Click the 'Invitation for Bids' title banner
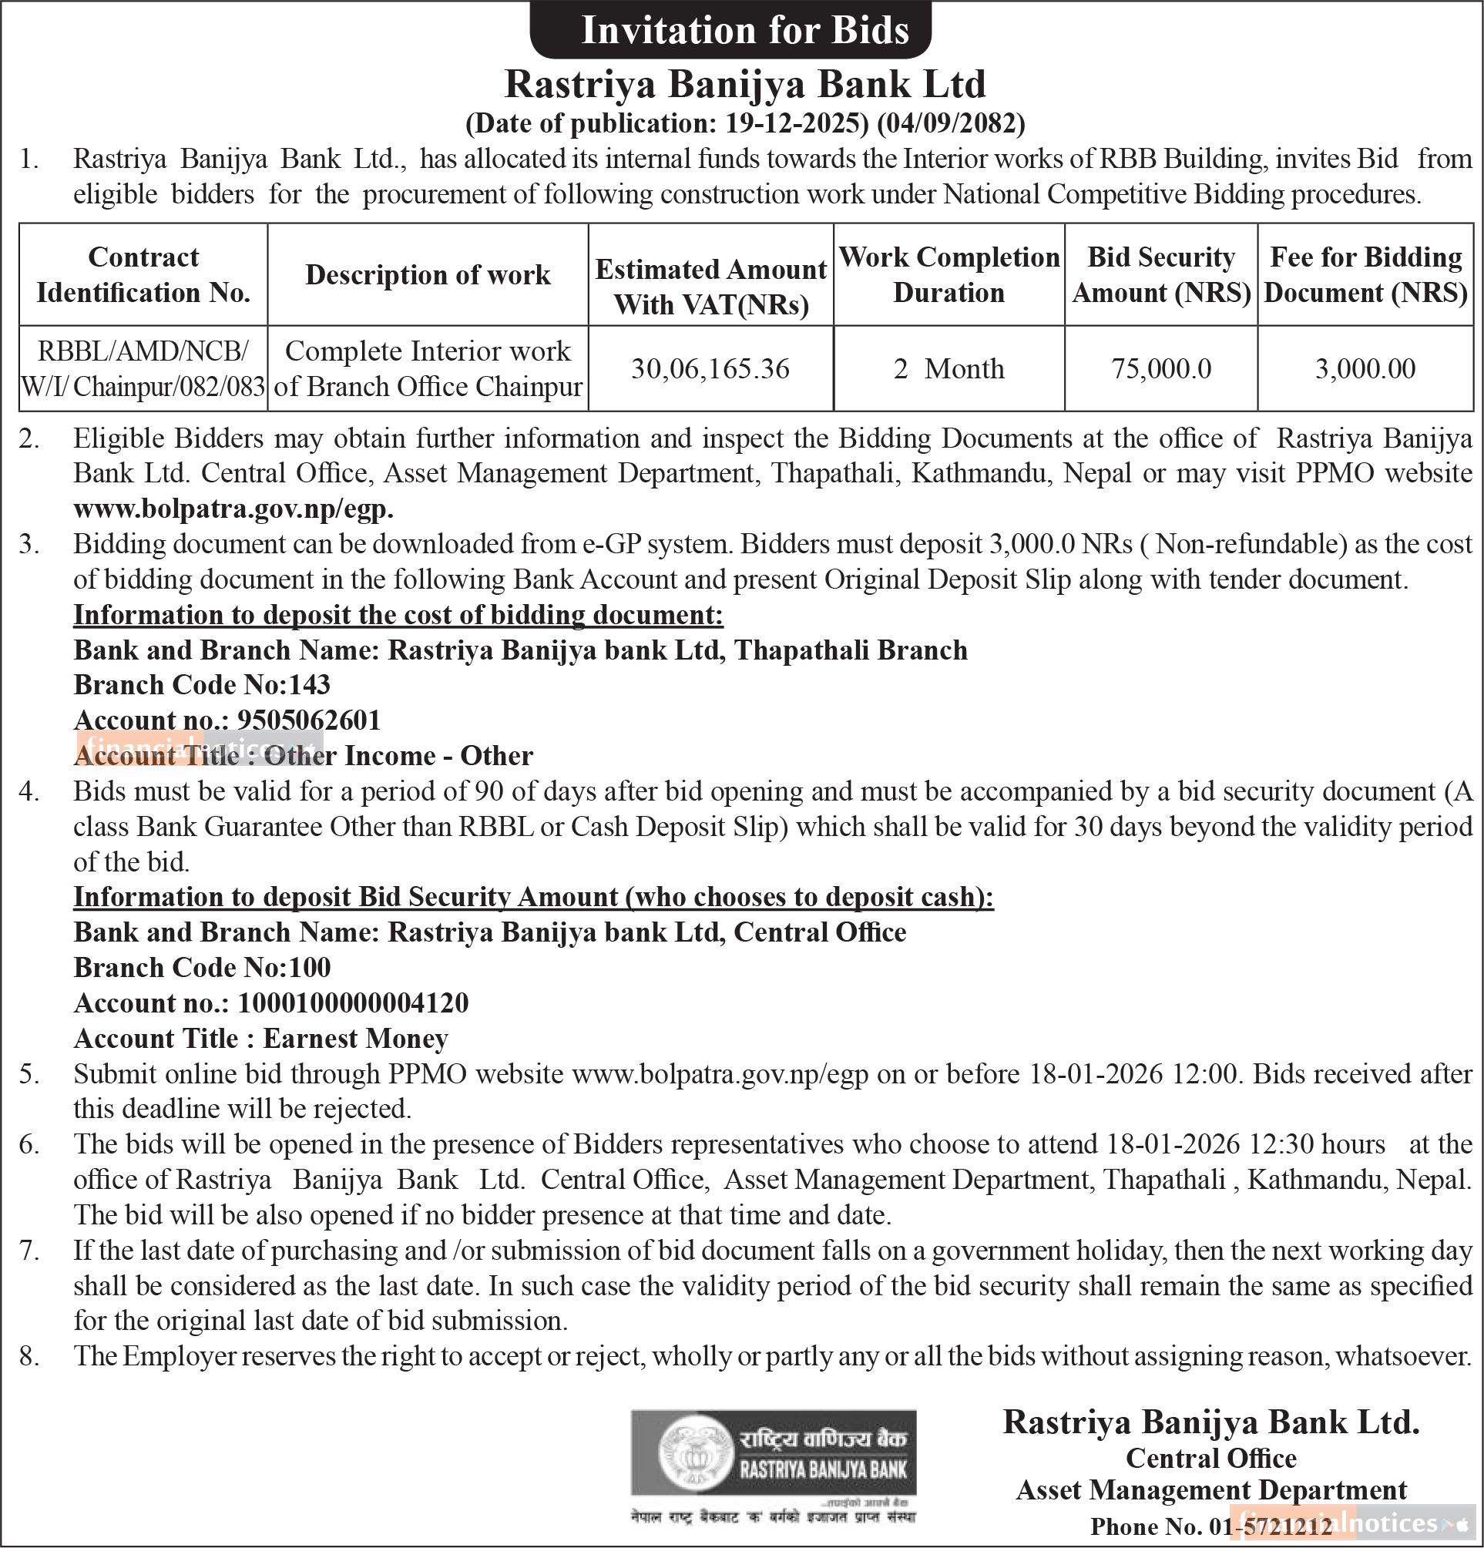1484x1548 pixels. [x=745, y=31]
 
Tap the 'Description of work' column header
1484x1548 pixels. [x=428, y=275]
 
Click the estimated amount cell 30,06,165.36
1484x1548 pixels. [x=710, y=369]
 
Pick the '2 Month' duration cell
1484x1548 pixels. [x=948, y=369]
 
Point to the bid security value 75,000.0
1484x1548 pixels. [x=1161, y=369]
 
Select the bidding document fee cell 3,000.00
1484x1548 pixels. [x=1365, y=369]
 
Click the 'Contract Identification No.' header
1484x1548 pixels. [x=143, y=275]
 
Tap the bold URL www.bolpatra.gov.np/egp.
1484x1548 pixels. [x=233, y=509]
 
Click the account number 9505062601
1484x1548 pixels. [x=309, y=720]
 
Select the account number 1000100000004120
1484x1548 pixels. [x=352, y=1003]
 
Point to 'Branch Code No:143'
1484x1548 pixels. [x=202, y=685]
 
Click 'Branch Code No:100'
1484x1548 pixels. [x=202, y=968]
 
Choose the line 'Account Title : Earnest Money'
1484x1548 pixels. [x=260, y=1039]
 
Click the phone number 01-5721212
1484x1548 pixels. [x=1269, y=1526]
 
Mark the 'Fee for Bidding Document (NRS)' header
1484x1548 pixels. [x=1365, y=275]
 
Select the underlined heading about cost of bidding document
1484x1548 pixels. [x=398, y=614]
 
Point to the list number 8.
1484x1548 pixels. [x=29, y=1356]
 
